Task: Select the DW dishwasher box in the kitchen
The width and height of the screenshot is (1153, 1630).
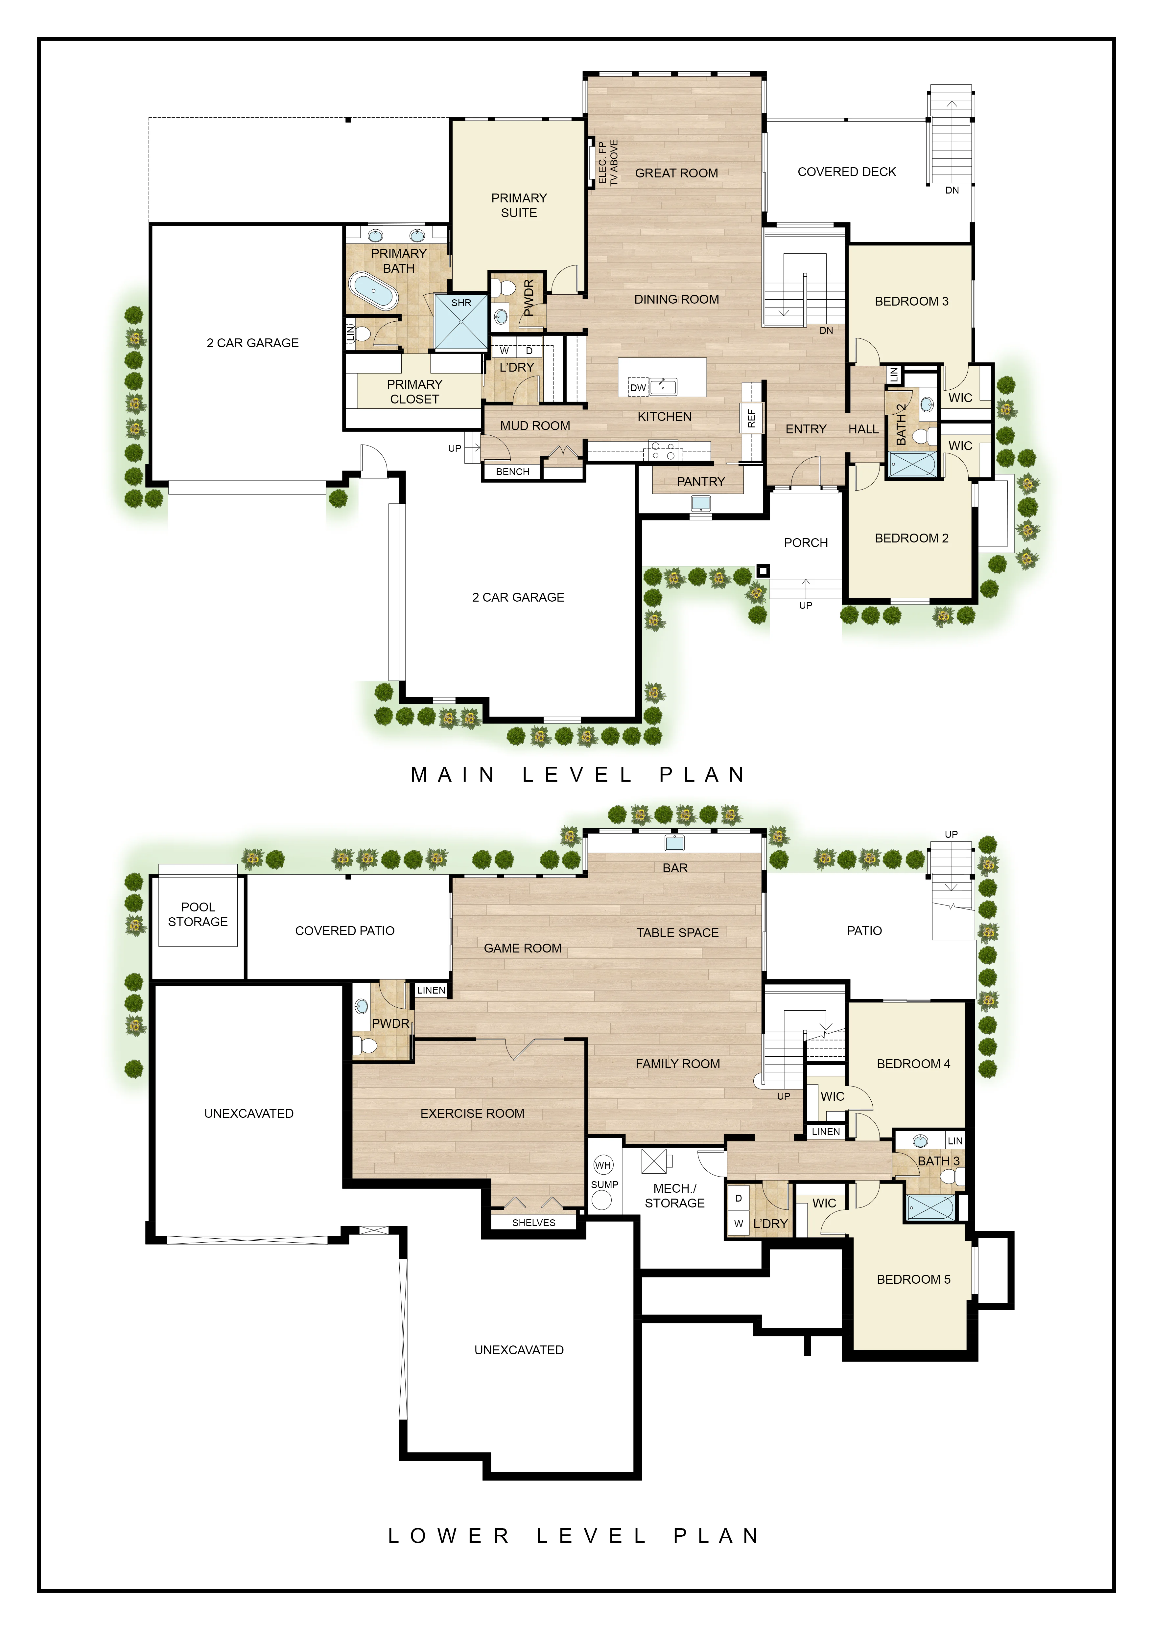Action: [638, 388]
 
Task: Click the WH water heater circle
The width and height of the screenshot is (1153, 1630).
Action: [603, 1165]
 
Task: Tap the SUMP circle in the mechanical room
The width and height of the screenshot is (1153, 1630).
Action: [602, 1200]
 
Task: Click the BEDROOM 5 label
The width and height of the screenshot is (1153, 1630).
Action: [913, 1279]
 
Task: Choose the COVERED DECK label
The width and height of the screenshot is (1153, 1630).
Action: [846, 172]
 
